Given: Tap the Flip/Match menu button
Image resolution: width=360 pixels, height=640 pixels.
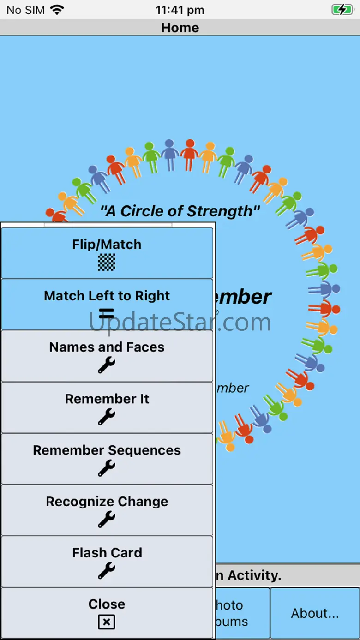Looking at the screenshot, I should (107, 252).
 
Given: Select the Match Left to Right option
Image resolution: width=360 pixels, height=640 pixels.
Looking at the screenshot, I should (107, 304).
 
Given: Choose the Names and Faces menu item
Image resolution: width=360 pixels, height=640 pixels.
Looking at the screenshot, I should (107, 355).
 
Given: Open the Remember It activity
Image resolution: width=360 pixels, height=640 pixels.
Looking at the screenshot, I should (107, 407).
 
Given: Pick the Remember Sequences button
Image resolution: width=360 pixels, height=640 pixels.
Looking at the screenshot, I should (107, 458).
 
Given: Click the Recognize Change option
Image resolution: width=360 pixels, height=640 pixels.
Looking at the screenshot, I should (107, 510).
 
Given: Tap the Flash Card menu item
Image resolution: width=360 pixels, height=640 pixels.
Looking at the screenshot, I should (107, 561).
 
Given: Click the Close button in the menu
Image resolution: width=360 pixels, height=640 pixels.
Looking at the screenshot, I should (107, 612).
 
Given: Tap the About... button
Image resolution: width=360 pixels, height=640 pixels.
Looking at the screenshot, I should (315, 613).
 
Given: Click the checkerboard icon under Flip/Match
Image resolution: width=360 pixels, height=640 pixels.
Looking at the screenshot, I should (107, 262).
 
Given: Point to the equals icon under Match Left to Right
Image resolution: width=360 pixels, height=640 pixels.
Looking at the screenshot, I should (107, 314).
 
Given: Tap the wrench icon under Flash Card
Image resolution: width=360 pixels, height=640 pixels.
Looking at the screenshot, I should (107, 571).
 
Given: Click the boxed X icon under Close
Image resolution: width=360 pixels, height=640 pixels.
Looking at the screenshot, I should (107, 622).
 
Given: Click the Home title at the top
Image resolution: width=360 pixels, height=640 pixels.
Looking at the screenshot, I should (180, 28).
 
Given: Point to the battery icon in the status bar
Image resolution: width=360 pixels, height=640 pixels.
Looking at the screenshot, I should (342, 10).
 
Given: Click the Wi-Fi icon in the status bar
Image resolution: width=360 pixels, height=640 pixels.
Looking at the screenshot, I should (57, 10).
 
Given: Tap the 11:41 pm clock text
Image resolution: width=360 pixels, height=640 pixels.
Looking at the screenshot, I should (180, 10).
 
